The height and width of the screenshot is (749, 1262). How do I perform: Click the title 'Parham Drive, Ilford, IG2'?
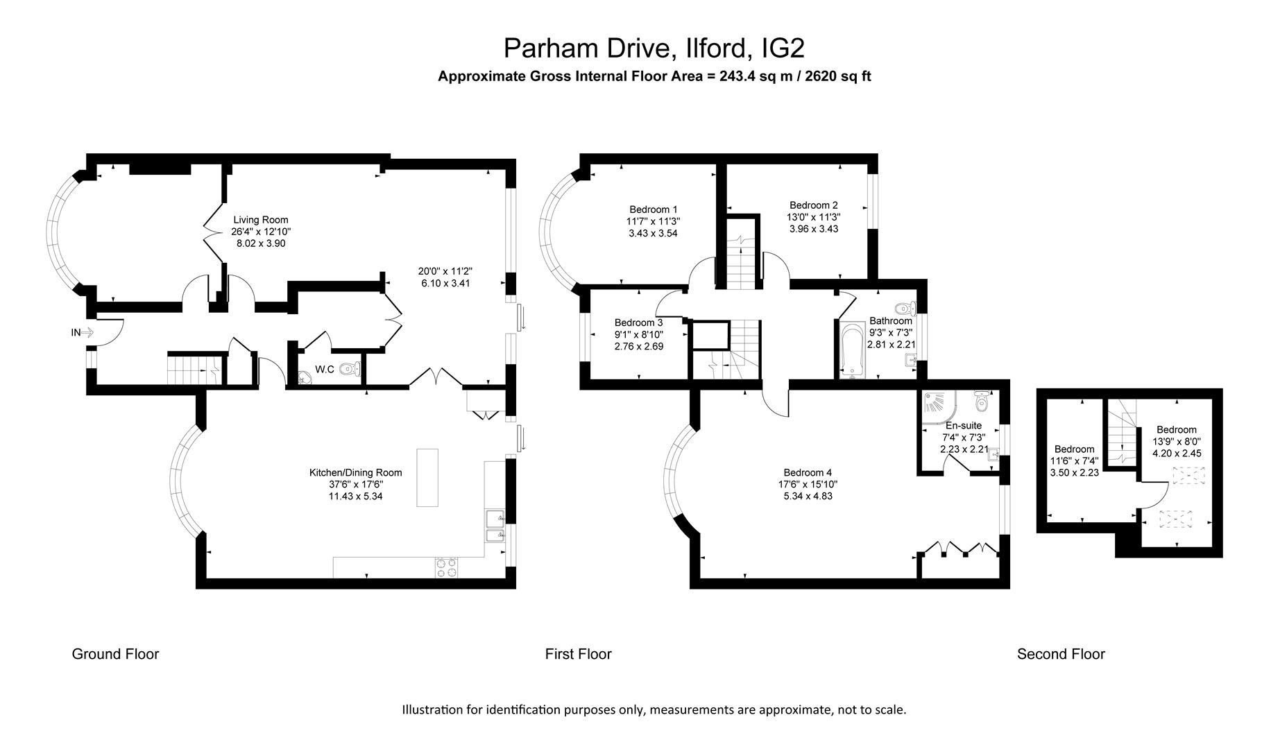click(654, 49)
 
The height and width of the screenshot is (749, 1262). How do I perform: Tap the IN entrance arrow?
click(87, 332)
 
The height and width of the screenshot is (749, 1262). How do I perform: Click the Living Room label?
click(260, 220)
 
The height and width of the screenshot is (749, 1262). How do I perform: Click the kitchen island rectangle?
click(427, 478)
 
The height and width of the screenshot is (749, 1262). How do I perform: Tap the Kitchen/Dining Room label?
click(355, 472)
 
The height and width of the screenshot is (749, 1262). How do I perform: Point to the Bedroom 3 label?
click(638, 322)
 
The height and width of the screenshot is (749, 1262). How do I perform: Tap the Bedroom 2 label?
click(813, 205)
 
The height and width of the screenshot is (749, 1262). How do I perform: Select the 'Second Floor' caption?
click(1060, 653)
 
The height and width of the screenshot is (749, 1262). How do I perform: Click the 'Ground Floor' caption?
click(115, 653)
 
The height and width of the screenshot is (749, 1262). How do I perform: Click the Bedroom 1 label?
click(653, 209)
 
